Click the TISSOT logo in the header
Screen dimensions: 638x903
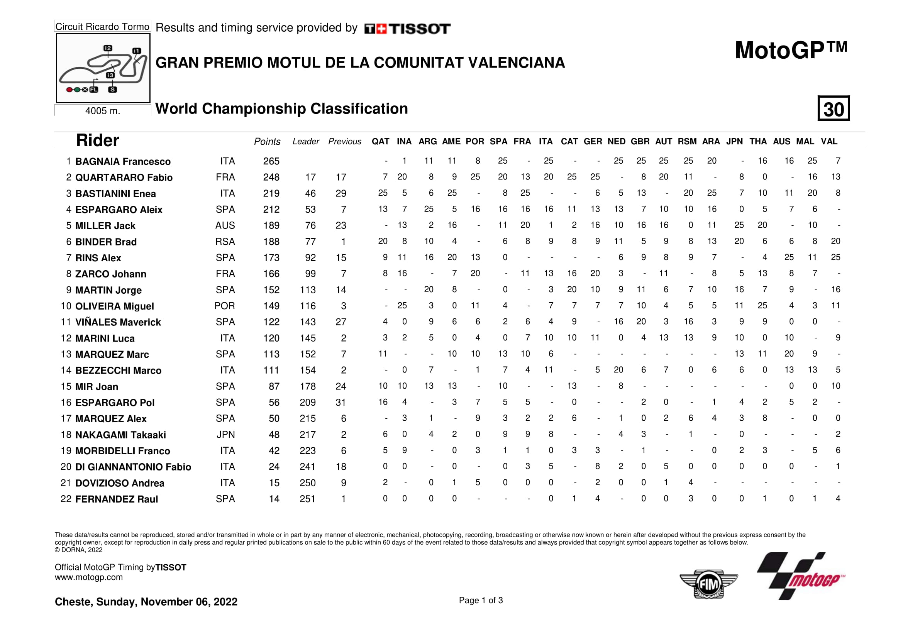tap(407, 29)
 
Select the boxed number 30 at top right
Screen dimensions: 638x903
tap(834, 108)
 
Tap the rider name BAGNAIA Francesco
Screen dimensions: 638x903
tap(123, 162)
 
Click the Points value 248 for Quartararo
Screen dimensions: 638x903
tap(271, 177)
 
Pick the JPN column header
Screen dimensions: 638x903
tap(734, 142)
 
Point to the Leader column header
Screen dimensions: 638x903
tap(306, 142)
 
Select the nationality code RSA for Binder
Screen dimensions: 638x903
tap(225, 242)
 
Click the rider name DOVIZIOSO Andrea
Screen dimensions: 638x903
tap(120, 483)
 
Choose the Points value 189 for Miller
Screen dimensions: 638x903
tap(271, 226)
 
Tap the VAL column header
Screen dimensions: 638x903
tap(829, 142)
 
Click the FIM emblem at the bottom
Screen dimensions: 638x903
tap(708, 584)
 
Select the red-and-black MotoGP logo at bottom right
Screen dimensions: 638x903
tap(801, 576)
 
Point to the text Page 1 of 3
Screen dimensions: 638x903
tap(481, 600)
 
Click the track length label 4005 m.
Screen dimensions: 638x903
tap(103, 111)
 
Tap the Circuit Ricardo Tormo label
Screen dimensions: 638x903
tap(102, 27)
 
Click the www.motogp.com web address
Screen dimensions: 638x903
tap(89, 577)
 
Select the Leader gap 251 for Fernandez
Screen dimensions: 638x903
tap(308, 499)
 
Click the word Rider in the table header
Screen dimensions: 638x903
tap(98, 140)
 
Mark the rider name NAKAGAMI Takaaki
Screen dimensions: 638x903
tap(120, 435)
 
